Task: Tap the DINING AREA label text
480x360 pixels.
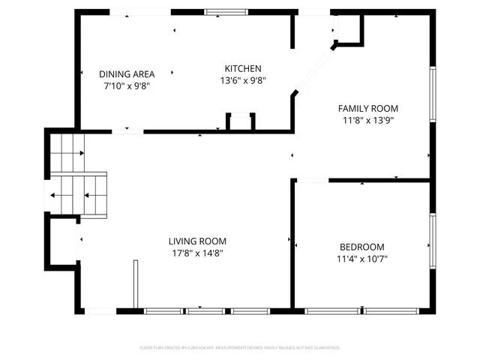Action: pyautogui.click(x=127, y=74)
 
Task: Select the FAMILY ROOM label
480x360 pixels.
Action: pyautogui.click(x=367, y=108)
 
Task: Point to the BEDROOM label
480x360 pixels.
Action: pyautogui.click(x=361, y=247)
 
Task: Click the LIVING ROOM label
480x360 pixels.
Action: pyautogui.click(x=197, y=241)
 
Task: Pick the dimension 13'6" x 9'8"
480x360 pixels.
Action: pyautogui.click(x=244, y=80)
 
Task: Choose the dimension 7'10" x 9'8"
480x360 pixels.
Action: pyautogui.click(x=127, y=86)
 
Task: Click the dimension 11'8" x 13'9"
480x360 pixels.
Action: pyautogui.click(x=367, y=120)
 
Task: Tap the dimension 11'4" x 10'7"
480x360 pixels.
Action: pyautogui.click(x=361, y=259)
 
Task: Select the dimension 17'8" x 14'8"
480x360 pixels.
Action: pyautogui.click(x=197, y=253)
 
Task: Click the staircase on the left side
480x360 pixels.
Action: pyautogui.click(x=77, y=172)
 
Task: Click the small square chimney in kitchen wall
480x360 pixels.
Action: pyautogui.click(x=241, y=121)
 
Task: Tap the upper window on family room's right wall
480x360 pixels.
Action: pyautogui.click(x=432, y=93)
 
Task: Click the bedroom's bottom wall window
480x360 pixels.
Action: pyautogui.click(x=361, y=310)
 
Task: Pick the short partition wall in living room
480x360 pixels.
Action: pyautogui.click(x=136, y=284)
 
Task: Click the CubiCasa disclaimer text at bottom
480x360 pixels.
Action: pyautogui.click(x=240, y=348)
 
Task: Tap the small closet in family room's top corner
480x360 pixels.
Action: pyautogui.click(x=350, y=28)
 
